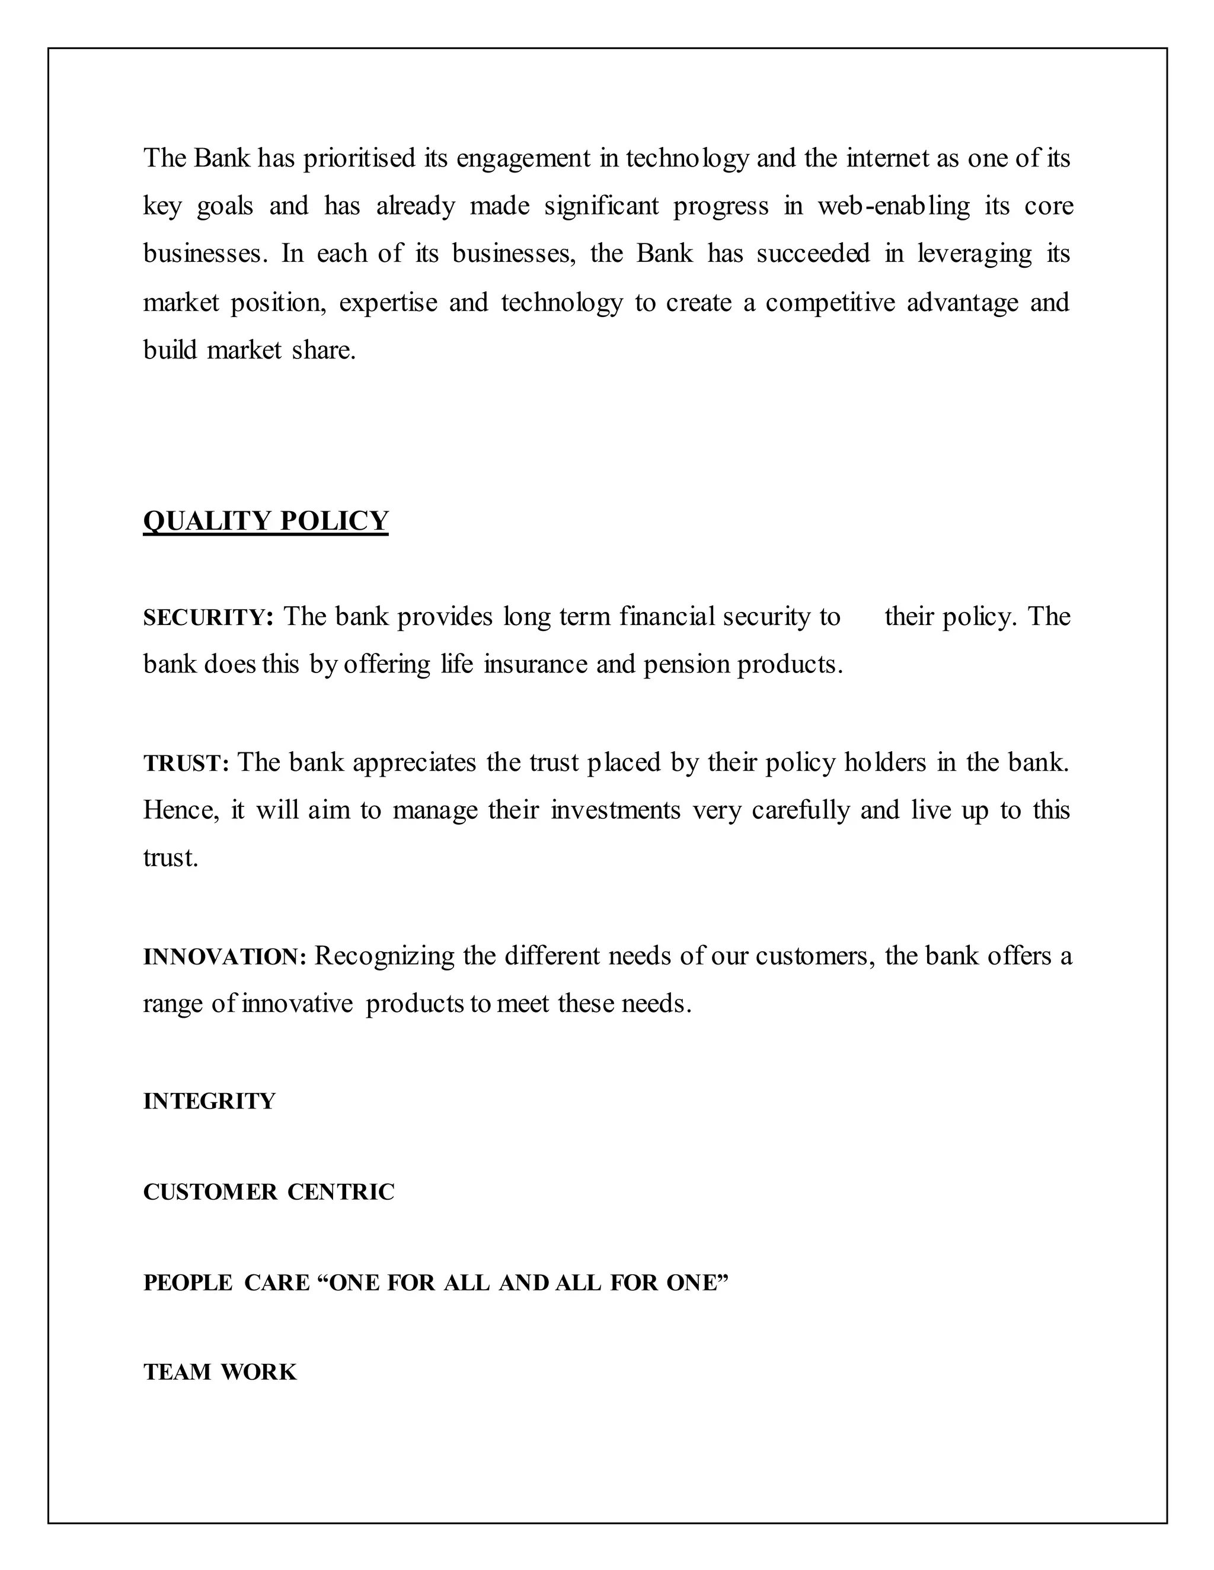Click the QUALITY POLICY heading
click(x=266, y=520)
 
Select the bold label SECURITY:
click(x=208, y=617)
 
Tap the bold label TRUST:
click(x=186, y=764)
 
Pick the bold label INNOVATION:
click(x=225, y=957)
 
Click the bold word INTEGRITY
click(x=209, y=1101)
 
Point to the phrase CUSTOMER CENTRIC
click(x=269, y=1192)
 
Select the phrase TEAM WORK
click(x=219, y=1372)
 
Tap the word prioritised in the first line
click(x=359, y=158)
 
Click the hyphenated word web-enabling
click(x=893, y=206)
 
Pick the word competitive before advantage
click(x=829, y=303)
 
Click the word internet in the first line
click(x=887, y=158)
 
